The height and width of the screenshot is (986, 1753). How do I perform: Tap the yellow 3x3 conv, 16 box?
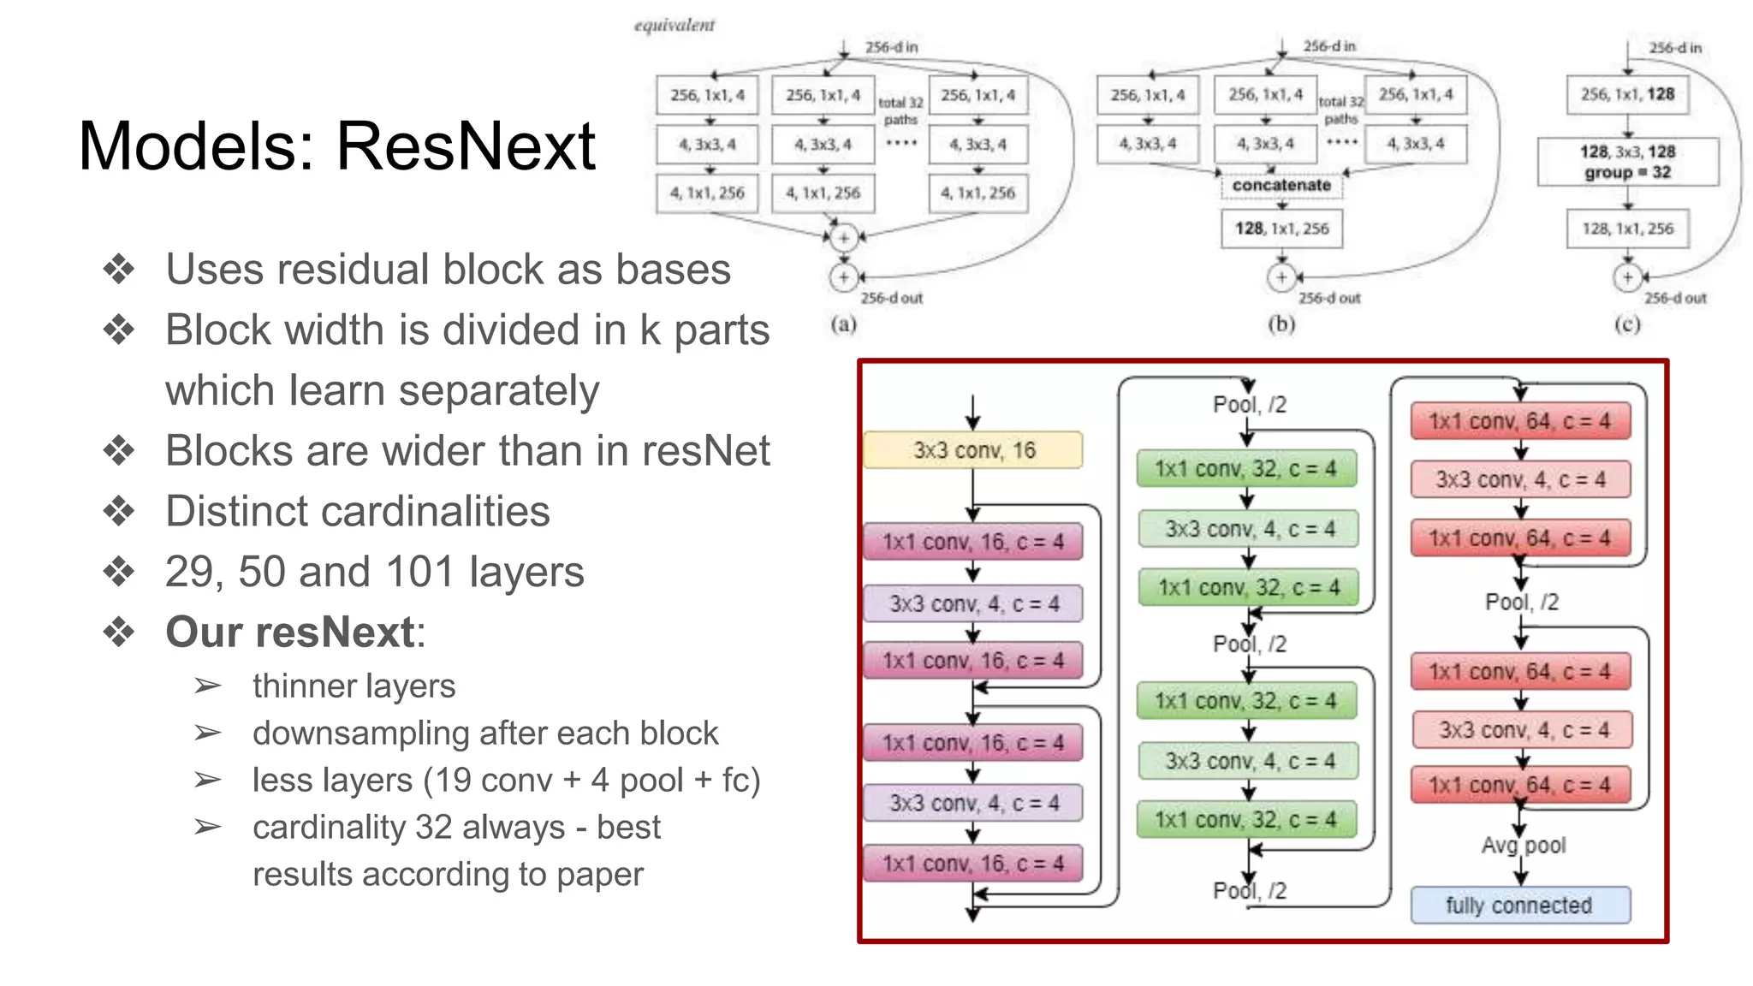tap(973, 450)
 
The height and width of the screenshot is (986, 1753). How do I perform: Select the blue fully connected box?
tap(1519, 906)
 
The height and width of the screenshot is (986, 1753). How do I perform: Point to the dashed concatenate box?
tap(1281, 185)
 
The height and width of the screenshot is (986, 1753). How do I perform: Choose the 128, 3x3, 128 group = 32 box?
tap(1627, 162)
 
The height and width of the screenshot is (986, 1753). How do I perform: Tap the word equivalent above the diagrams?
tap(674, 26)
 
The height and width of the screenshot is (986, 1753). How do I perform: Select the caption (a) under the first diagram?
tap(843, 324)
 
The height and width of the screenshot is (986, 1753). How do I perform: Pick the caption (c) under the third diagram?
tap(1626, 324)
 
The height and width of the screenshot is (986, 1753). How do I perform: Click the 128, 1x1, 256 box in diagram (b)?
tap(1281, 229)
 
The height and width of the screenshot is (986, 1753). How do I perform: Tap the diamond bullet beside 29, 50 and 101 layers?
tap(119, 572)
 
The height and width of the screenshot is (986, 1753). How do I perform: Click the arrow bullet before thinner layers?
tap(207, 686)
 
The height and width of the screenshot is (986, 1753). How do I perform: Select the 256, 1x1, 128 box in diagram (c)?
tap(1627, 94)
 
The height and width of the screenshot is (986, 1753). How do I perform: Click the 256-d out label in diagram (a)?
tap(891, 298)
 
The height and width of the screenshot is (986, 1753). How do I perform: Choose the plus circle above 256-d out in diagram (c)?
tap(1627, 277)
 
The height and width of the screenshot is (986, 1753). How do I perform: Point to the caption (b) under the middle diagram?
tap(1281, 324)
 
